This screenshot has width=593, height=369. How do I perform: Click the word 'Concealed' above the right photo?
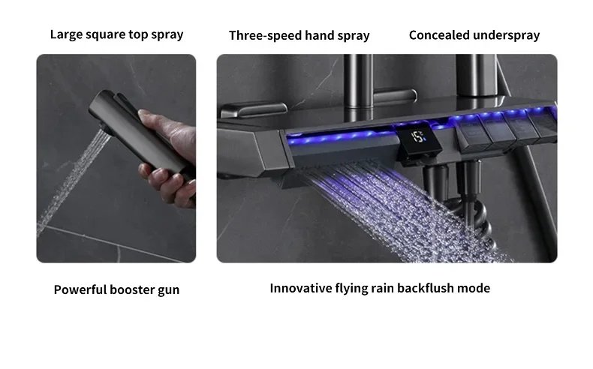coord(439,34)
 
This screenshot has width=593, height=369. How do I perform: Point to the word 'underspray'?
coord(506,34)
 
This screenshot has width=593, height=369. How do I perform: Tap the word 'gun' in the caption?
coord(169,290)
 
